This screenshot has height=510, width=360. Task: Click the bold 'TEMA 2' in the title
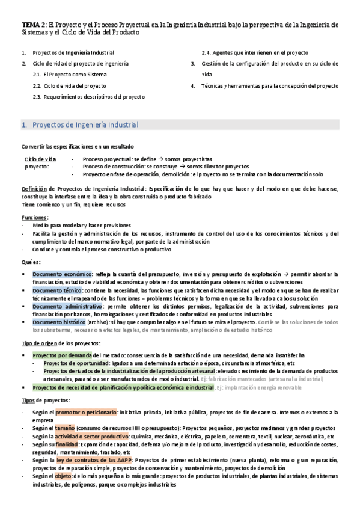[30, 25]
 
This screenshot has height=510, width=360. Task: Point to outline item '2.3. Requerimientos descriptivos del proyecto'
[88, 96]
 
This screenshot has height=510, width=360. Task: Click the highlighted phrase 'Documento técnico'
[58, 290]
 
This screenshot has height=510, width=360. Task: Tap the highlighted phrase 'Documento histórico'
[59, 322]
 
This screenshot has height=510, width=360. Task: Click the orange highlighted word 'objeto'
[64, 475]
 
